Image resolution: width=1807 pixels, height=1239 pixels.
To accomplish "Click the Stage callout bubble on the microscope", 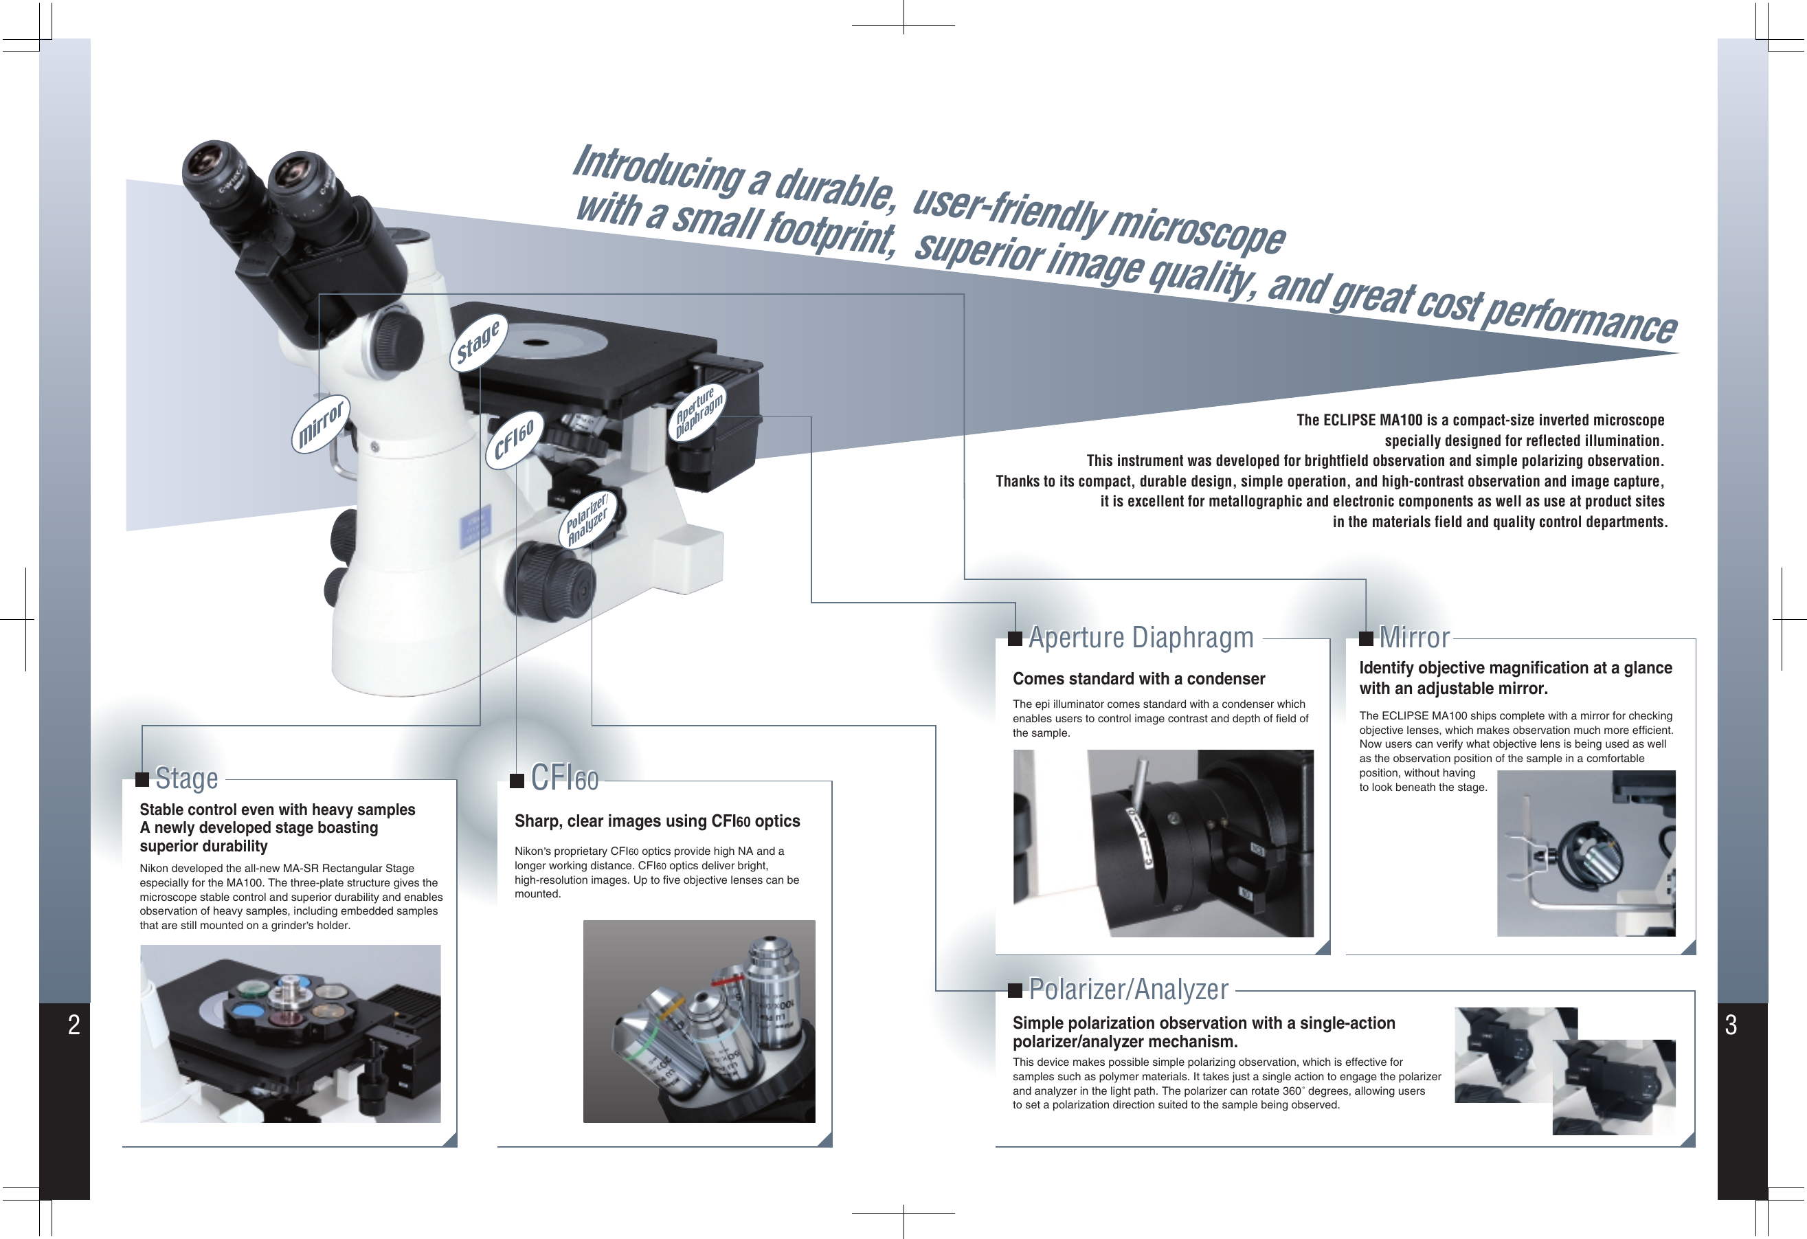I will (x=478, y=343).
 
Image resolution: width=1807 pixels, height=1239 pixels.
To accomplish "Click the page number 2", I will (x=74, y=1025).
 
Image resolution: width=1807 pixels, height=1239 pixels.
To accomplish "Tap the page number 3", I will (x=1731, y=1025).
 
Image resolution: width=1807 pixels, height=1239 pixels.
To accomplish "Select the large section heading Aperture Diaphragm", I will (x=1141, y=638).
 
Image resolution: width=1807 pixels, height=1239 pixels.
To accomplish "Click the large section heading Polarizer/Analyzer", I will (x=1128, y=990).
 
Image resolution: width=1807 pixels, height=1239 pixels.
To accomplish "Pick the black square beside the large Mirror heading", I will (x=1365, y=639).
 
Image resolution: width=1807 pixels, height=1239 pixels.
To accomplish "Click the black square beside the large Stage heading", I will (x=142, y=779).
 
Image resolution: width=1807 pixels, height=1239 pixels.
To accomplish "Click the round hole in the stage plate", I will (x=537, y=342).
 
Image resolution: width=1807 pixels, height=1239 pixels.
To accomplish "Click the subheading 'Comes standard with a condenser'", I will (x=1138, y=679).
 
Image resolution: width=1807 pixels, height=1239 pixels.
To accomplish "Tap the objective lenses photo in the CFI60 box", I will (x=699, y=1021).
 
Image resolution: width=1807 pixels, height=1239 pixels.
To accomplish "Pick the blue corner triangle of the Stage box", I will (x=450, y=1140).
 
